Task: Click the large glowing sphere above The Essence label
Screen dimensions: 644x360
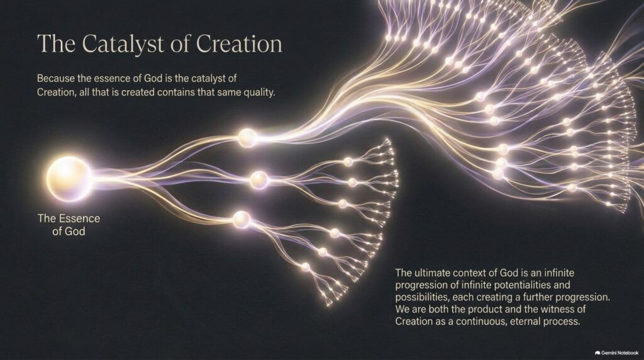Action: [x=68, y=179]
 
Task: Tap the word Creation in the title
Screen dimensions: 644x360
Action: [x=239, y=43]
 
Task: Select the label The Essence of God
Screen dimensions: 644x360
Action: [x=69, y=225]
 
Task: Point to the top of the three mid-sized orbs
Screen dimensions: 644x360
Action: [x=247, y=138]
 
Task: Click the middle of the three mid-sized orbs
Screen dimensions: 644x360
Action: [x=259, y=180]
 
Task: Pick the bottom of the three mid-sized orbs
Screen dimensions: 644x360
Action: [x=241, y=220]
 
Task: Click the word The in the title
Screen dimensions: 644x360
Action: [x=56, y=43]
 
